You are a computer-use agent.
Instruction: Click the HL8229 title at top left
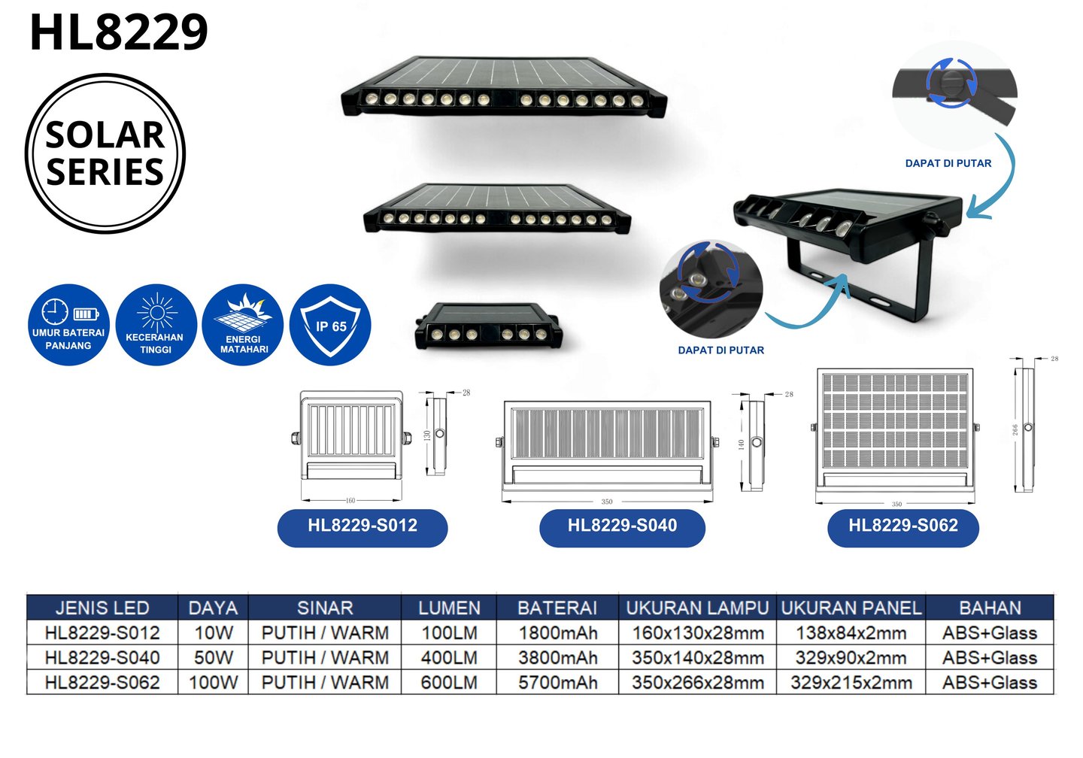(x=119, y=33)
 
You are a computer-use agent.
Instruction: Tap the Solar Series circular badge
(x=105, y=153)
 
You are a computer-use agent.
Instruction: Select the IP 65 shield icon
(x=330, y=325)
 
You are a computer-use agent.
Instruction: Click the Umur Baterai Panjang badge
(x=68, y=325)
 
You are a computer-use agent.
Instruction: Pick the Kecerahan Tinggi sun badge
(x=156, y=325)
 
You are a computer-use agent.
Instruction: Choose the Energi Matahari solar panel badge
(x=243, y=325)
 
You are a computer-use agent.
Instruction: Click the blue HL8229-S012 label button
(x=363, y=526)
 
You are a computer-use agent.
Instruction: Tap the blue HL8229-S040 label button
(x=622, y=526)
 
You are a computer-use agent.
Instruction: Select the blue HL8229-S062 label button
(x=903, y=526)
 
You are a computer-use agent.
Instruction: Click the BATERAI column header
(x=557, y=608)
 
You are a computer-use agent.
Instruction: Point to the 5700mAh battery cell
(x=557, y=683)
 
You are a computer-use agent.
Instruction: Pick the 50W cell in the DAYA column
(x=214, y=658)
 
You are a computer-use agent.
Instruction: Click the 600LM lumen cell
(x=449, y=683)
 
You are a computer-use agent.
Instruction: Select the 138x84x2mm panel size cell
(x=851, y=633)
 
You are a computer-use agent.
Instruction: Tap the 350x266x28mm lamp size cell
(x=697, y=683)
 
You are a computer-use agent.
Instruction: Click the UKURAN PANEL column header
(x=851, y=608)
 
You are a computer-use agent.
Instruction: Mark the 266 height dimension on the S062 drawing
(x=1015, y=429)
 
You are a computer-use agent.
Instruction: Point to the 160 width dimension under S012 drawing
(x=350, y=500)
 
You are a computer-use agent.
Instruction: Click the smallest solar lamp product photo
(x=489, y=326)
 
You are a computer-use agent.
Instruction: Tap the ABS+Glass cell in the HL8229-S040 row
(x=990, y=658)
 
